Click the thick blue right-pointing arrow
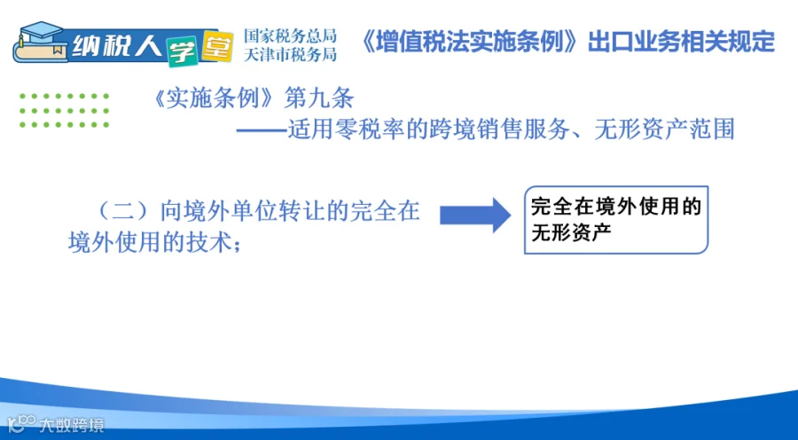475,215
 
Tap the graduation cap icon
40,33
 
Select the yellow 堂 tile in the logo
217,46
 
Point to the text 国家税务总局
290,35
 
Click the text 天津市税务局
290,54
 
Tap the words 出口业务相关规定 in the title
682,42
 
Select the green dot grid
64,110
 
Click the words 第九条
318,98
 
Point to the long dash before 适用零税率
262,130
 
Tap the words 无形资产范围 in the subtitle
665,130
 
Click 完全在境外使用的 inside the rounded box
616,207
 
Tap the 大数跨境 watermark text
71,424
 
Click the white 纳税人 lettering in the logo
117,46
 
